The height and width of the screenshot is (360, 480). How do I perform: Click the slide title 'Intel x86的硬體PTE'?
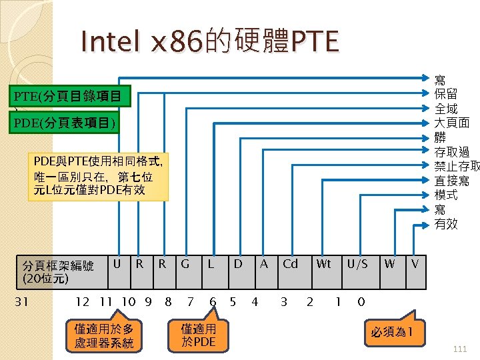(209, 42)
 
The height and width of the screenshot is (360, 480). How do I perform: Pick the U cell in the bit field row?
(117, 264)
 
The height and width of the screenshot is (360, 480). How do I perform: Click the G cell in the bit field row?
(185, 264)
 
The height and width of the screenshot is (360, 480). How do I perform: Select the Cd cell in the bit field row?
(290, 264)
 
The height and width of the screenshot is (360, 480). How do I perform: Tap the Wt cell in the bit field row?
(323, 264)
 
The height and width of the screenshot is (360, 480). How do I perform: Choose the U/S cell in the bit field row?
(357, 264)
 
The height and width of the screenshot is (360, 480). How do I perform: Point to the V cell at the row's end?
(415, 264)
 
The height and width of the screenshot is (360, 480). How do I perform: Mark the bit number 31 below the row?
(21, 302)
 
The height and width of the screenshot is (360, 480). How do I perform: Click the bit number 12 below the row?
(83, 302)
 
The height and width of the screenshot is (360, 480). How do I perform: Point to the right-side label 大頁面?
(452, 123)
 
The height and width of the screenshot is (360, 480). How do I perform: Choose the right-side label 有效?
(446, 224)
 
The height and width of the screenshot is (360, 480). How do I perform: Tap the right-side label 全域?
(446, 109)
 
